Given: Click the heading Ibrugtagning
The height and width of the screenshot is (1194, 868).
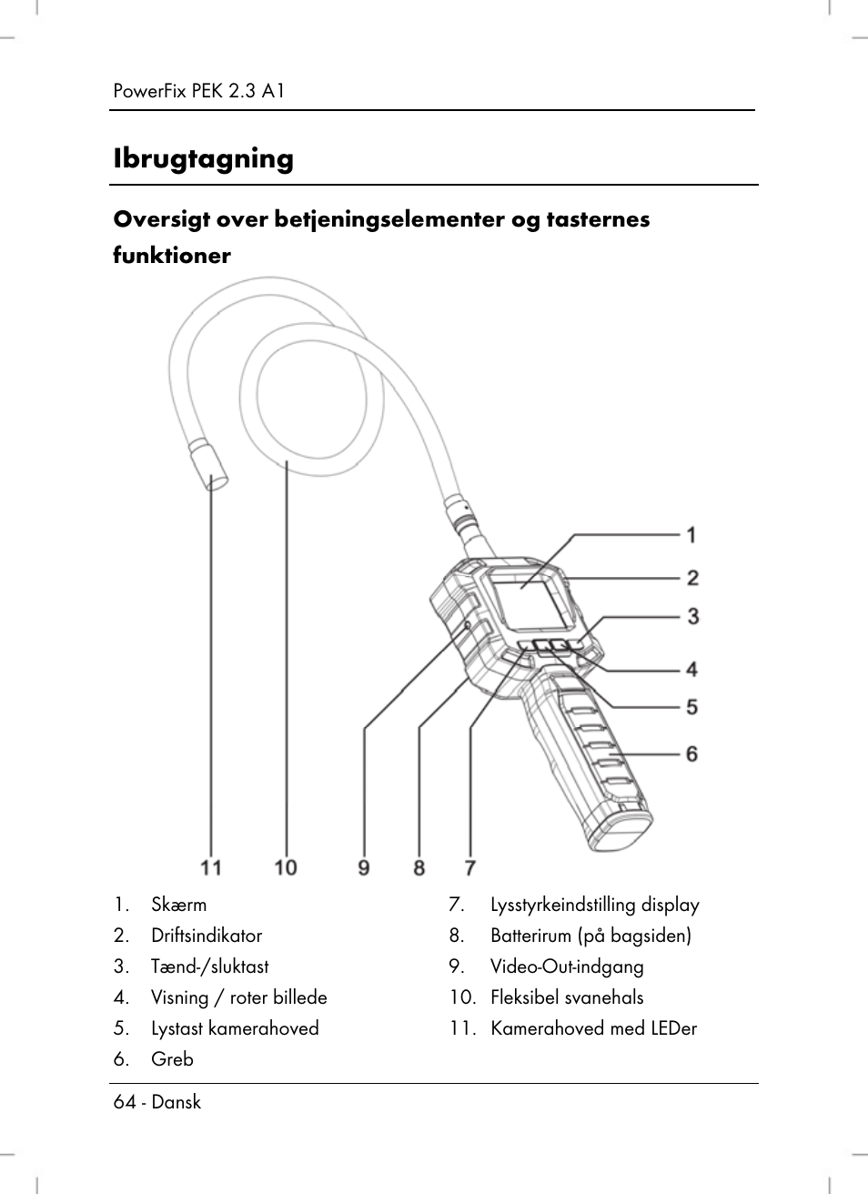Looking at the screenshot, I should point(203,159).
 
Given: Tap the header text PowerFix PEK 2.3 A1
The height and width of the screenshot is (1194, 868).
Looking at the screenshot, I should point(199,91).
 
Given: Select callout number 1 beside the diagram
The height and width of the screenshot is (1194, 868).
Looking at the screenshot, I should point(691,534).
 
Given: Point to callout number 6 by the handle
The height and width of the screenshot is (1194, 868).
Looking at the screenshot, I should point(691,754).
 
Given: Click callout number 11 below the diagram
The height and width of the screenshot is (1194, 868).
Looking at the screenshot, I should point(211,867).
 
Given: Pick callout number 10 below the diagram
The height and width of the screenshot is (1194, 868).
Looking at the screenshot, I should point(286,867).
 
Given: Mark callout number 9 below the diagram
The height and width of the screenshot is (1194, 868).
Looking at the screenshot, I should point(364,867).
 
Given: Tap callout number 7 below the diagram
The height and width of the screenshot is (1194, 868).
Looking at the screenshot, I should point(470,867).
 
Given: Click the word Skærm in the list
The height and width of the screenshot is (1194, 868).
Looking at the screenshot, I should point(178,905).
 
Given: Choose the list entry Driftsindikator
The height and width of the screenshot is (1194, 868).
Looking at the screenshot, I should point(207,936).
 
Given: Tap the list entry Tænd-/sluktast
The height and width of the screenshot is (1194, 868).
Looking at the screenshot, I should point(210,966).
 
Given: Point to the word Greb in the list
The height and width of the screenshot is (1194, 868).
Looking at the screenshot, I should point(172,1059).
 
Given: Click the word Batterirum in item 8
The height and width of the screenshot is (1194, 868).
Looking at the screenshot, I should point(530,936).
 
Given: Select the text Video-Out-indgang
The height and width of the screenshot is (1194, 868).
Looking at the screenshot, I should point(567,966).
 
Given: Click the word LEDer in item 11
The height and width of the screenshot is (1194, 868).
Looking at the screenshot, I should point(673,1028).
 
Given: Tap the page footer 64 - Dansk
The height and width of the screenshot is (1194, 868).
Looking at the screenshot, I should point(157,1102).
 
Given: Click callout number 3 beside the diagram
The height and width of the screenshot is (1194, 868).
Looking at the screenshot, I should point(692,617).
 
